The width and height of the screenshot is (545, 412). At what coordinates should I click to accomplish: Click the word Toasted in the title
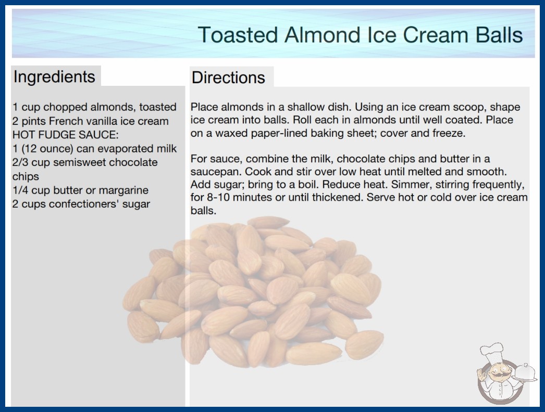click(x=238, y=35)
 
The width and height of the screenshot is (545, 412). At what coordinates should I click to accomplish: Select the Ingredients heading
click(x=54, y=77)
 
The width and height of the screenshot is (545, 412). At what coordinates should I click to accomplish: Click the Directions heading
click(x=228, y=78)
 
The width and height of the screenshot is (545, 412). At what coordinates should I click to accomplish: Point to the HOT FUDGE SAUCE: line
click(x=65, y=135)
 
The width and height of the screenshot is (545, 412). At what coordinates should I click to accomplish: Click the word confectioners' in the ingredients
click(x=79, y=204)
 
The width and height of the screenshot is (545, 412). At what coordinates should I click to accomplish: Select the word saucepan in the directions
click(x=216, y=172)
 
